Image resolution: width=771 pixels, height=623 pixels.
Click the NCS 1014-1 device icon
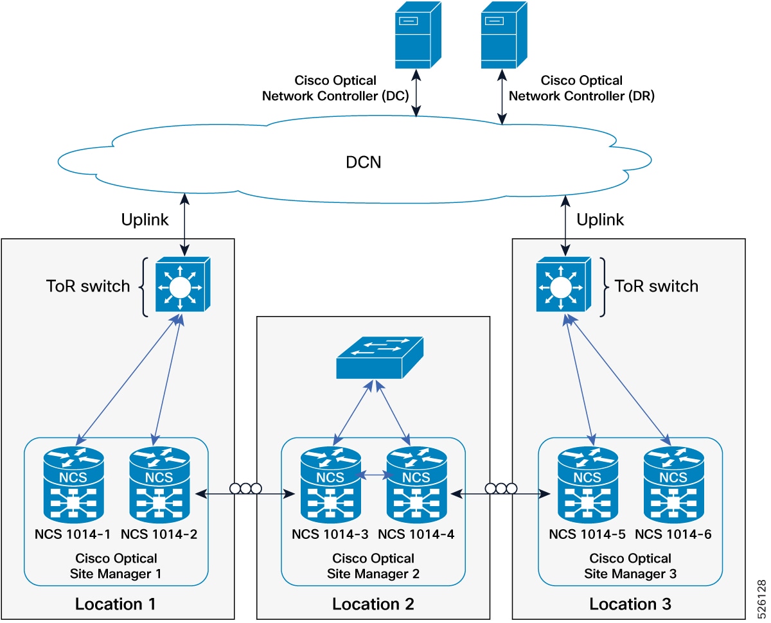74,485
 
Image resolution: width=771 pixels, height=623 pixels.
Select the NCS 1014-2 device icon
159,485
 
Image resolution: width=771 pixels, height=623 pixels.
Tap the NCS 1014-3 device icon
330,485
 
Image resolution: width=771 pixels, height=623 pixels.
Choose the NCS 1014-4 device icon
416,485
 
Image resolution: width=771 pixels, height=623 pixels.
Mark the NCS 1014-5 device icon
587,485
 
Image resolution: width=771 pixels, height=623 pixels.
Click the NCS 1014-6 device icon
673,485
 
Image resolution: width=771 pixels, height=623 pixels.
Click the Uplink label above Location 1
145,220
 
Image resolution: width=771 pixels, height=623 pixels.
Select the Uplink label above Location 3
600,220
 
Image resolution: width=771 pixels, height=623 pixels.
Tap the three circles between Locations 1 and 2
245,488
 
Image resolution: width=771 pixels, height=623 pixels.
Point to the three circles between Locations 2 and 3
501,488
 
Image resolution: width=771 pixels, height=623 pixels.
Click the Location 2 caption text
373,604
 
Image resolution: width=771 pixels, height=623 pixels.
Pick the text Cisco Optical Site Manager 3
630,566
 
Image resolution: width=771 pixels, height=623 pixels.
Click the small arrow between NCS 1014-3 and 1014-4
373,476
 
